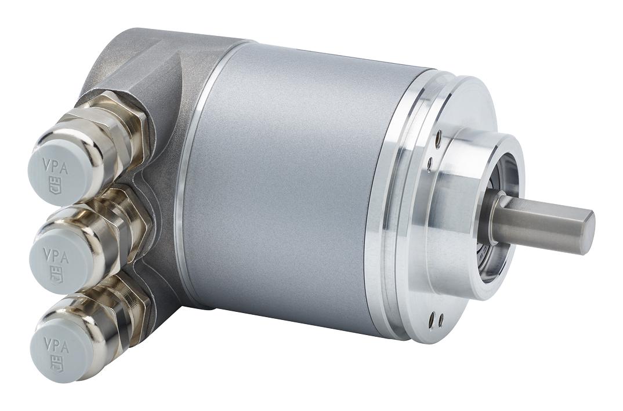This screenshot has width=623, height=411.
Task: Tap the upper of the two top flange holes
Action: pos(439,139)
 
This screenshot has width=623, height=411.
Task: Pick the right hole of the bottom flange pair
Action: pos(441,319)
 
